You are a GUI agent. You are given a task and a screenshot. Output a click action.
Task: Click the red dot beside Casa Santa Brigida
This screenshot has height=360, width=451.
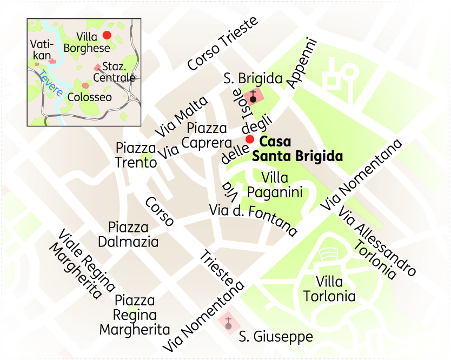(249, 139)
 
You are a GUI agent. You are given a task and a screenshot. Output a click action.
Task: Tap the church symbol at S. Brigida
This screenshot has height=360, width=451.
(253, 97)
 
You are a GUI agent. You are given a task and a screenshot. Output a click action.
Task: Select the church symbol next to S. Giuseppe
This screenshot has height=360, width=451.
(228, 323)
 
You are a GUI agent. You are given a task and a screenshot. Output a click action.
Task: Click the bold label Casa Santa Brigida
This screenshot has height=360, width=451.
(297, 149)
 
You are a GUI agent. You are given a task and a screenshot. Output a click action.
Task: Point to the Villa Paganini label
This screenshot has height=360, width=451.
(274, 185)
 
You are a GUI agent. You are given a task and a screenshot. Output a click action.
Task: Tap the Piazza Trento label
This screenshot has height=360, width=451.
(136, 155)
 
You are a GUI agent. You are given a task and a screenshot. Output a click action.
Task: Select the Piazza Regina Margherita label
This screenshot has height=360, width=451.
(135, 315)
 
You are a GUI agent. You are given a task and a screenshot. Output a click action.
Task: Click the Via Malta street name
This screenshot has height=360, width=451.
(181, 117)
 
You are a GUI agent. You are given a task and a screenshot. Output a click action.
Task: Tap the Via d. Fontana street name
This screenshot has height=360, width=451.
(254, 219)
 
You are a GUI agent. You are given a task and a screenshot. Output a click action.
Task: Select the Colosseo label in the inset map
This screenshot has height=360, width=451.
(89, 97)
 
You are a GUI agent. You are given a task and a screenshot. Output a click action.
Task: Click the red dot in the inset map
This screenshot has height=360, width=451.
(107, 35)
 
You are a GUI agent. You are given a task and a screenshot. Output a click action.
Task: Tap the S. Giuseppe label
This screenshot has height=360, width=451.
(276, 337)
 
